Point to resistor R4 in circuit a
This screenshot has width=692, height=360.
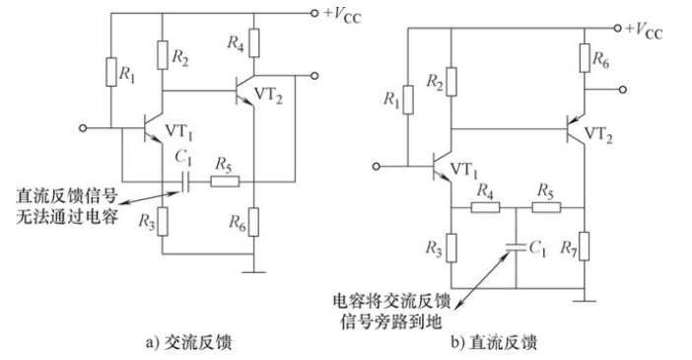253,43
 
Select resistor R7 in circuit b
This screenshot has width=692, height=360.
587,242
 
